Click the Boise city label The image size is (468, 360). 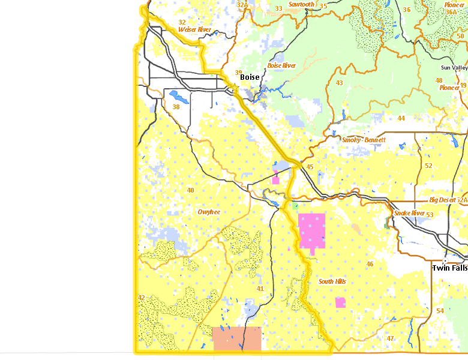coord(250,77)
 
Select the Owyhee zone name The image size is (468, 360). coord(209,212)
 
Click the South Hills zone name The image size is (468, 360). coord(332,281)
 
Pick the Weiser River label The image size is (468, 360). coord(195,29)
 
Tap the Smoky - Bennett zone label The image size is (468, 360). coord(364,140)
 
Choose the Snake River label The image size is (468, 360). coord(409,213)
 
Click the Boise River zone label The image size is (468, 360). coord(281,65)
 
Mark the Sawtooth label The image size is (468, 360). coord(301,4)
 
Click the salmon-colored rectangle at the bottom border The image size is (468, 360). coord(237,338)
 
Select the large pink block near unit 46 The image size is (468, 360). coord(311,230)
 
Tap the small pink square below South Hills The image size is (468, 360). coord(340,302)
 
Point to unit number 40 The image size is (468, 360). coord(190,190)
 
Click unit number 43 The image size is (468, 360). coord(339,83)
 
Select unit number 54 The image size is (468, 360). coord(440,310)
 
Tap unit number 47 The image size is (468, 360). coord(390,338)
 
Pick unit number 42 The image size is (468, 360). coord(141,298)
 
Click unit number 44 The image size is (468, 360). coord(401,118)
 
